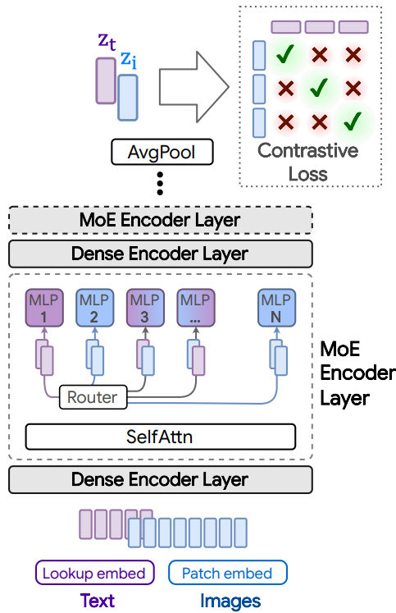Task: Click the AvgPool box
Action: click(x=162, y=152)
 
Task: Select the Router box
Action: click(x=92, y=398)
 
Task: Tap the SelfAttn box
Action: click(x=160, y=437)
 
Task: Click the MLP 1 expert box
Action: click(x=43, y=306)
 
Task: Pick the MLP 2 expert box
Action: click(x=92, y=306)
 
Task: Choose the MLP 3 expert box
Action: click(x=143, y=306)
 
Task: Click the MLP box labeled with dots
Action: click(x=193, y=306)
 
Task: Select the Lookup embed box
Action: click(x=93, y=573)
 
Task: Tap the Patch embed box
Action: click(x=227, y=573)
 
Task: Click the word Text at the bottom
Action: click(x=98, y=601)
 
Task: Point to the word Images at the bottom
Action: click(x=230, y=601)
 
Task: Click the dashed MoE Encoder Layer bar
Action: click(x=160, y=220)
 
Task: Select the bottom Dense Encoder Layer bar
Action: click(x=160, y=479)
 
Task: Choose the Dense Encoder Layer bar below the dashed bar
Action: click(x=160, y=254)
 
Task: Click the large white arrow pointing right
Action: click(x=193, y=83)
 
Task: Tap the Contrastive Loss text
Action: click(x=307, y=162)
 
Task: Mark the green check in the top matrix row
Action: click(x=285, y=55)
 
